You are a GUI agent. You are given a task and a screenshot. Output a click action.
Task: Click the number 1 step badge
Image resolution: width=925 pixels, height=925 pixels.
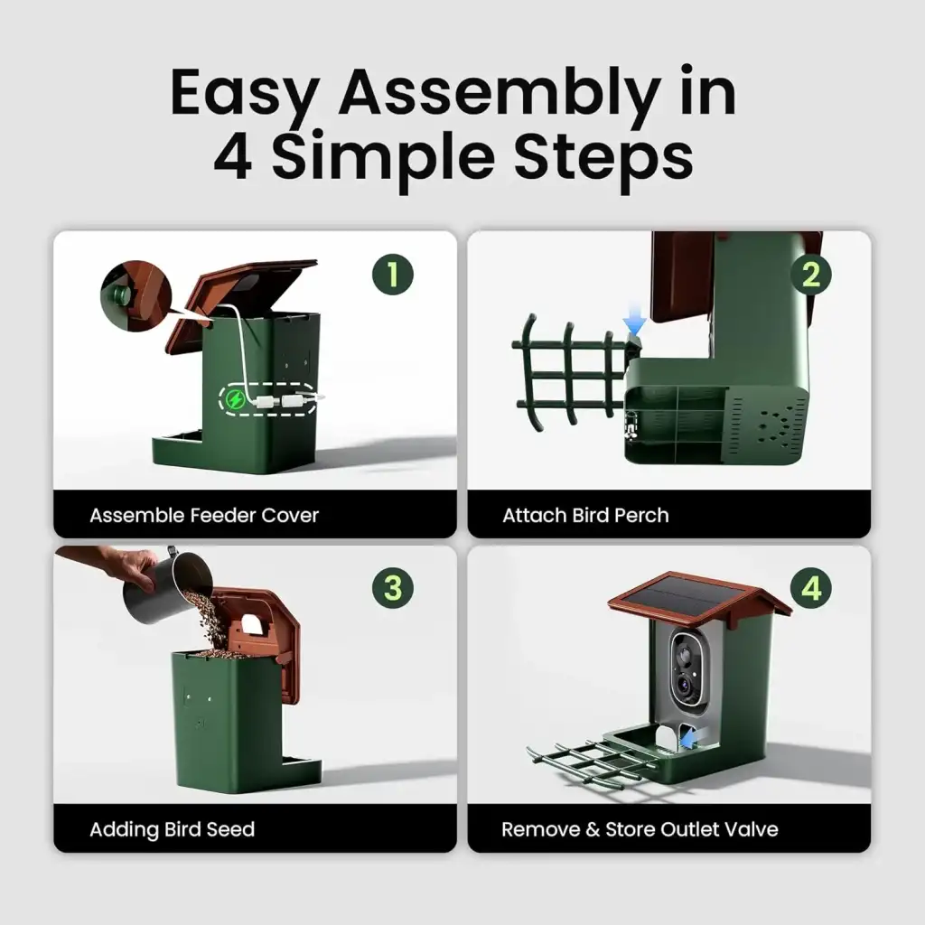[x=392, y=275]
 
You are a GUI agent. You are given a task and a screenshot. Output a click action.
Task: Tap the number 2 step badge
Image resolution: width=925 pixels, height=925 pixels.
[x=811, y=275]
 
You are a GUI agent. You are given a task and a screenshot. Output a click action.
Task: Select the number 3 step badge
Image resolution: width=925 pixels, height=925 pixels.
[x=392, y=588]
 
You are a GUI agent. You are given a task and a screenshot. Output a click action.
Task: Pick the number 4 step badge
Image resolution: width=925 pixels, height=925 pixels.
[x=811, y=588]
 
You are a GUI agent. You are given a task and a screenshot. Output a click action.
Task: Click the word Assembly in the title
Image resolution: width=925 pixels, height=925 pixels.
[x=499, y=93]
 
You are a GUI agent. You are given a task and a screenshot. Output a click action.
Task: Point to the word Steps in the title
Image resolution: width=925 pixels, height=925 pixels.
[x=603, y=157]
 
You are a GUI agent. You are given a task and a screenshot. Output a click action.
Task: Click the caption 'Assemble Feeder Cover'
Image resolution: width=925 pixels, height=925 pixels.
[x=204, y=515]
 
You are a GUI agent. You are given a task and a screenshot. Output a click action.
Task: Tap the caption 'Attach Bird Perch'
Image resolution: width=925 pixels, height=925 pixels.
[x=585, y=515]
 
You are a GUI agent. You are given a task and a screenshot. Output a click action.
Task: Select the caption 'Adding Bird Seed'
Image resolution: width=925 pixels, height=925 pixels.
[x=173, y=829]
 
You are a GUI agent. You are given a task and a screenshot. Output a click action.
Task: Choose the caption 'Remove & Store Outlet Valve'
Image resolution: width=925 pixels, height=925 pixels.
[x=640, y=829]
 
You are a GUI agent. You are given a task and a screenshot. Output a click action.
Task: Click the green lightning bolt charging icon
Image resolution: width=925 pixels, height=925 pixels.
[x=236, y=400]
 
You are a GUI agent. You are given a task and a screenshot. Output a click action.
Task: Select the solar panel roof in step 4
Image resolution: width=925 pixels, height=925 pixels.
[x=699, y=599]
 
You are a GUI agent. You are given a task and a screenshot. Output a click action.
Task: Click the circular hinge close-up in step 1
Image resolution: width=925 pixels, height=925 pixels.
[x=135, y=296]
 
